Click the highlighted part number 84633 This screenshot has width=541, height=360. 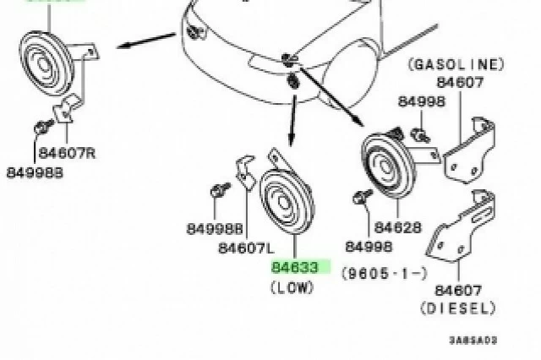(x=294, y=267)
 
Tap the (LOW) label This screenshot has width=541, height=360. (x=292, y=287)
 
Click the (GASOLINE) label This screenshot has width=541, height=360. (x=456, y=64)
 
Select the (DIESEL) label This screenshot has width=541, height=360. (x=458, y=308)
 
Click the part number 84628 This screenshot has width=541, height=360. (x=398, y=227)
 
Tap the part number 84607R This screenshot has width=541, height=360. (x=67, y=153)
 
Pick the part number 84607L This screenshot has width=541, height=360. (x=246, y=248)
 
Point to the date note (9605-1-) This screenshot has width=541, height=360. (x=385, y=274)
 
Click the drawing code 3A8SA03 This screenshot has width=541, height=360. (x=473, y=341)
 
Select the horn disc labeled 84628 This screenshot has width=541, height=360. (x=388, y=165)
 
